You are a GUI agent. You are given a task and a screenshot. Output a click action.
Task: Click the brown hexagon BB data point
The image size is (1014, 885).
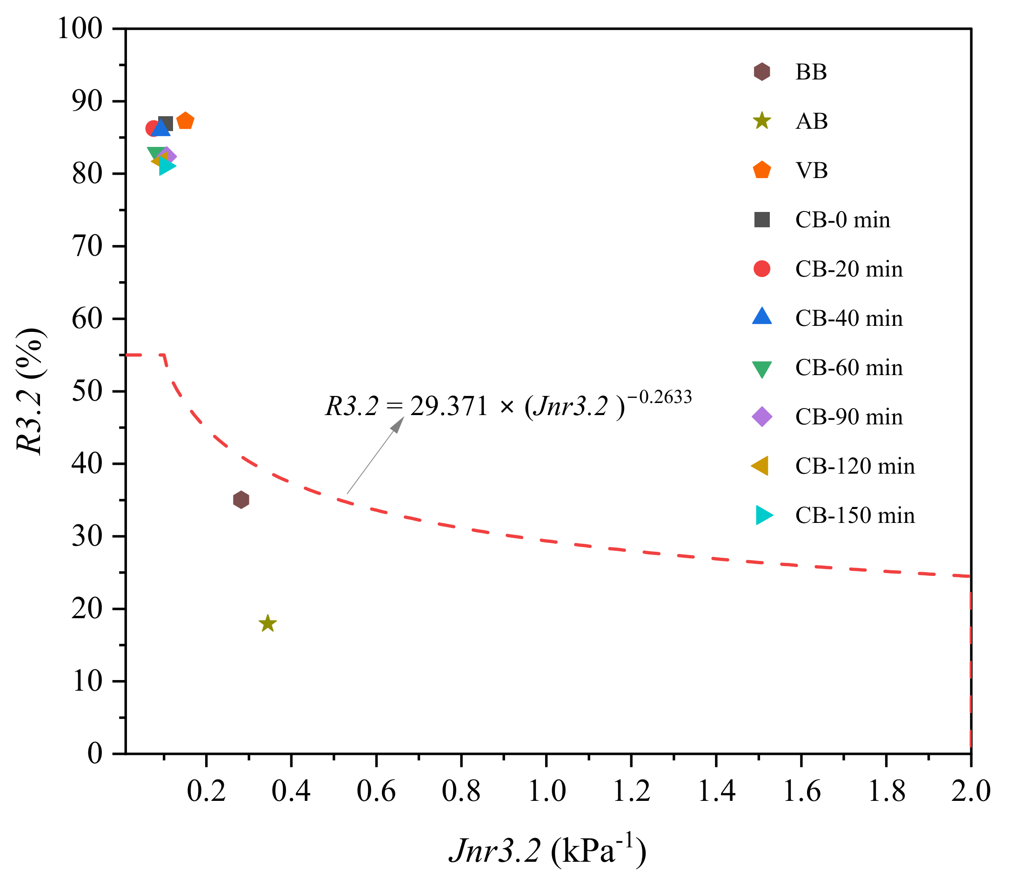point(240,500)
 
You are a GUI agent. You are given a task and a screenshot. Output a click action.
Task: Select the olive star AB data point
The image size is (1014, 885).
point(267,624)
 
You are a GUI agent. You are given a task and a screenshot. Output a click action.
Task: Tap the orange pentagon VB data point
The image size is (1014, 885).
point(185,121)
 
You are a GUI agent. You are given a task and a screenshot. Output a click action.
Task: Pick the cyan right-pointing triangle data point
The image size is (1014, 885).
point(167,166)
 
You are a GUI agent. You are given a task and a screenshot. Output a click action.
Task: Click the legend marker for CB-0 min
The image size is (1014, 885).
point(762,219)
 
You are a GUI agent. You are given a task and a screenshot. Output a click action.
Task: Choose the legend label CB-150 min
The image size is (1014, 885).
point(855,515)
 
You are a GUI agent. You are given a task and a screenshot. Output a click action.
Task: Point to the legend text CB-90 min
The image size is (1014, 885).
point(849,417)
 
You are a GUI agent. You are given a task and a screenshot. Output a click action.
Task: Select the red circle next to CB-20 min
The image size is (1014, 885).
point(762,269)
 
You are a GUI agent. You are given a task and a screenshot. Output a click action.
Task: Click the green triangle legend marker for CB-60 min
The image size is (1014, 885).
point(762,369)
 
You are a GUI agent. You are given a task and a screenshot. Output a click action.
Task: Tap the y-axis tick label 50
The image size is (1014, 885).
point(87,391)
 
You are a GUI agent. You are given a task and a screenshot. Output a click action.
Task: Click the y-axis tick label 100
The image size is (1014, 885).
point(80,29)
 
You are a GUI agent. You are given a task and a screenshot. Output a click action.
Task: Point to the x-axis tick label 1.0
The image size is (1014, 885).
point(547,791)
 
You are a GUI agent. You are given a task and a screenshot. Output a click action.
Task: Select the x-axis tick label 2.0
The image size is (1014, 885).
point(971,791)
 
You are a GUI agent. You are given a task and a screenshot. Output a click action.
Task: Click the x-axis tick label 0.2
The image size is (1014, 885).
point(207,791)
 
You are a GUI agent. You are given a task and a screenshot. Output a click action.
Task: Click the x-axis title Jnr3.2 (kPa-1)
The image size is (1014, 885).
point(547,851)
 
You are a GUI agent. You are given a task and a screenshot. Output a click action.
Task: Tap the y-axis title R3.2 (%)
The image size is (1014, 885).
point(31,391)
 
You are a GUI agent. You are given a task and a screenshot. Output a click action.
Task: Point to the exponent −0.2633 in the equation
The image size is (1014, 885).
point(659,396)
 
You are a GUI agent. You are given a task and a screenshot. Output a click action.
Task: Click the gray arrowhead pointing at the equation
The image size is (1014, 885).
point(398,423)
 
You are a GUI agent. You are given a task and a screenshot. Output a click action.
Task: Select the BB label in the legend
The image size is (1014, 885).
point(811,72)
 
